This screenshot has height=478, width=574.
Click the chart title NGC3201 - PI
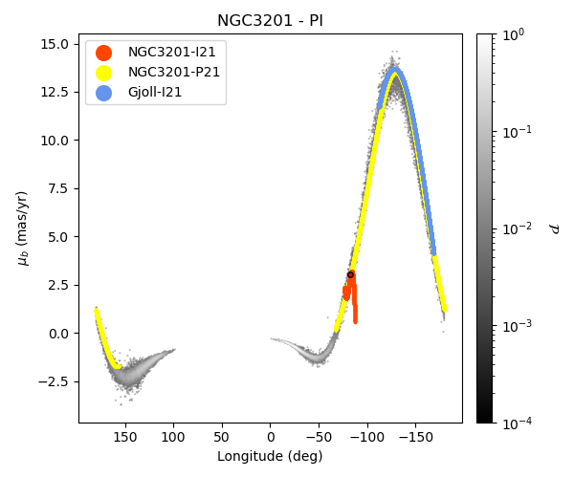pos(270,21)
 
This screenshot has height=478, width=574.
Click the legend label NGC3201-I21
pos(172,53)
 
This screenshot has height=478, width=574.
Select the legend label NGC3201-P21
pos(172,73)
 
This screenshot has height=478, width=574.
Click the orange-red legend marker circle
pos(103,53)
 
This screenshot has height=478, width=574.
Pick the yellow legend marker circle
pos(103,73)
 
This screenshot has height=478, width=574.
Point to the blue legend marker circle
pos(103,93)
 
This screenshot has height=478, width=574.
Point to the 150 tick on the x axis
pos(125,437)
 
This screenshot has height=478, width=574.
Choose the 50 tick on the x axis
pos(222,437)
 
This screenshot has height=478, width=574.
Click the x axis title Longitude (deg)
pos(270,456)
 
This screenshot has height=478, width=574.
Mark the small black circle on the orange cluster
pos(351,274)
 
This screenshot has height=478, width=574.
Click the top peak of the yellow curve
pos(394,75)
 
